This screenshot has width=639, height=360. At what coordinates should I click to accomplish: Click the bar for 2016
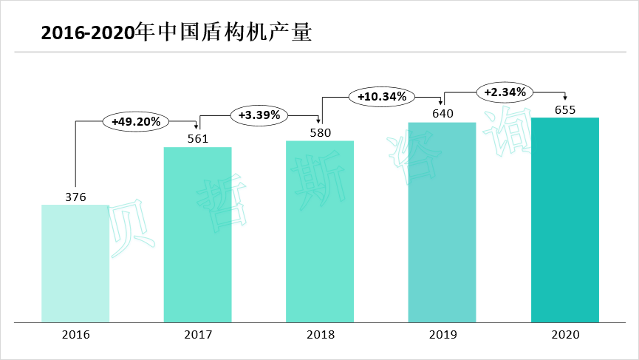tap(75, 263)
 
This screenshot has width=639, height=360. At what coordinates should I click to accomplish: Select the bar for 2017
tap(197, 234)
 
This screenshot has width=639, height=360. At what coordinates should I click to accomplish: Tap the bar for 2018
tap(320, 231)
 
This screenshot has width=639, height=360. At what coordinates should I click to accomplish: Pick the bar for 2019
tap(442, 222)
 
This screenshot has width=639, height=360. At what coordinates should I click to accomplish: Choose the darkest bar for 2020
tap(565, 220)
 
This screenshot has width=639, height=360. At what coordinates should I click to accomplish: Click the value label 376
tap(76, 197)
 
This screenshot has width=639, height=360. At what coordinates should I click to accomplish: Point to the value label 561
tap(198, 138)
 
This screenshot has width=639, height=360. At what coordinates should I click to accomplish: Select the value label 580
tap(321, 132)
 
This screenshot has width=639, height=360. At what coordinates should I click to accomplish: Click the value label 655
tap(565, 110)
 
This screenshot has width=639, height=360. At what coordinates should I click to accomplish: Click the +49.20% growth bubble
tap(137, 121)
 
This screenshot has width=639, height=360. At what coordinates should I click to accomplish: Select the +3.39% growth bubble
tap(259, 115)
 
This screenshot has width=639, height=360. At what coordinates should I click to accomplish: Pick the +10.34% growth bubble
tap(381, 97)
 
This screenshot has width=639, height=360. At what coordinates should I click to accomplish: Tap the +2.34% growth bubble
tap(505, 92)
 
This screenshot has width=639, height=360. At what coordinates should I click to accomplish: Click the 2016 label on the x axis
tap(76, 335)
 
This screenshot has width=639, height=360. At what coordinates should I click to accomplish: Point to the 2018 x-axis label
tap(321, 335)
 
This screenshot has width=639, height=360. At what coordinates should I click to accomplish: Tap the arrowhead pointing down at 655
tap(565, 101)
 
